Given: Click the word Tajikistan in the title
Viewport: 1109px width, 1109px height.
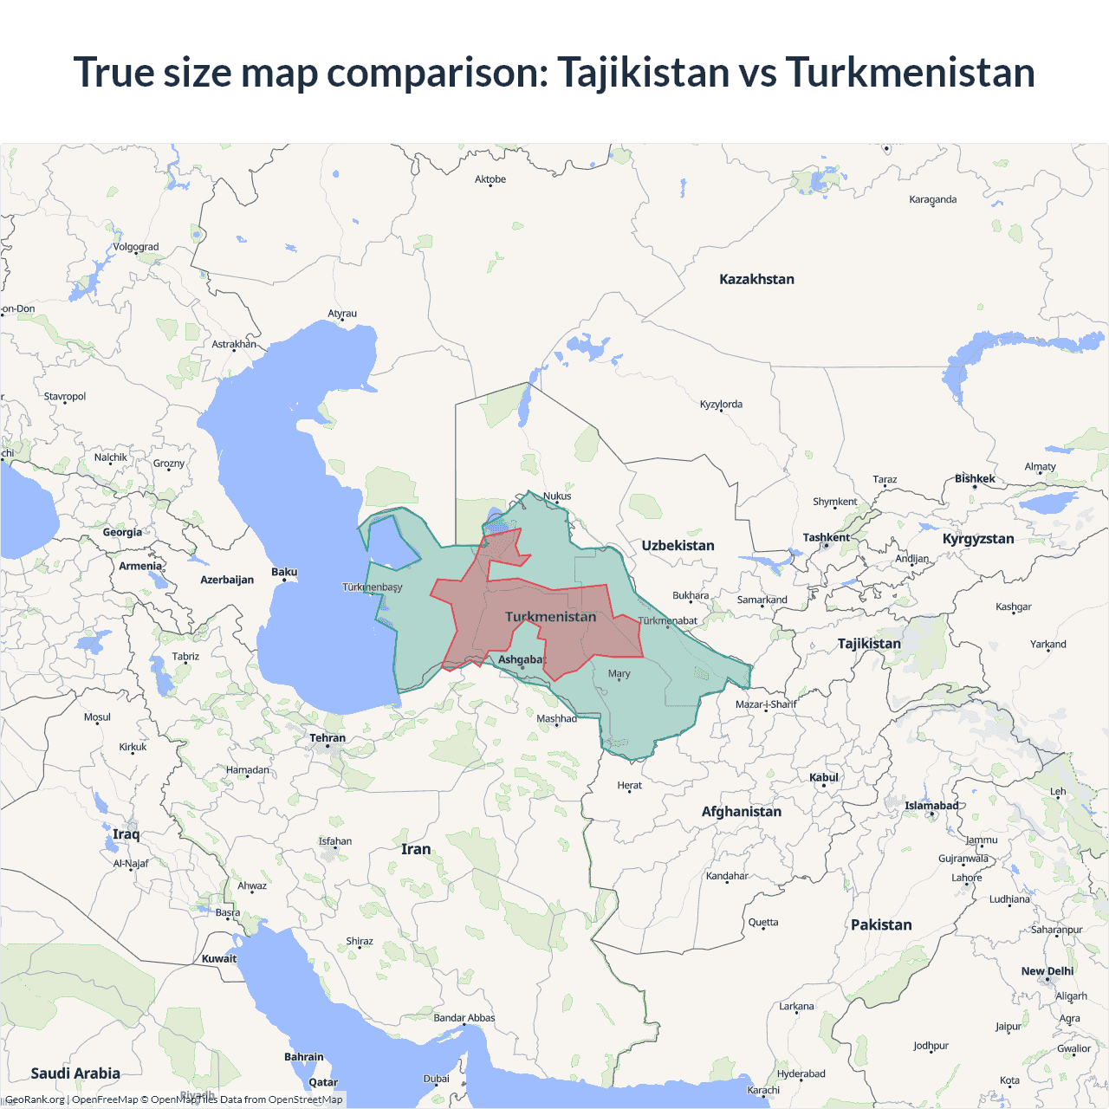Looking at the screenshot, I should click(643, 72).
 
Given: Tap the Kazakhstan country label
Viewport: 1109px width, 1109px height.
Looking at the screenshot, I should click(756, 279).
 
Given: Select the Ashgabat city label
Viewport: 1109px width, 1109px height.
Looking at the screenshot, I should click(521, 659).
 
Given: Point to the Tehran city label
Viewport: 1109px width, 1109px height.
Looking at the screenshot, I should click(328, 738).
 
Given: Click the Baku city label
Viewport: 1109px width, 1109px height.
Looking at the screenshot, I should click(284, 572).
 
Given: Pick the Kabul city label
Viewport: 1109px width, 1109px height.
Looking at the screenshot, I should click(824, 777).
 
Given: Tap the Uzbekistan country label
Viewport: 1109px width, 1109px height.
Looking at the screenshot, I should click(678, 545).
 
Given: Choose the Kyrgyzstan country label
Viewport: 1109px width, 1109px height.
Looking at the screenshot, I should click(978, 538).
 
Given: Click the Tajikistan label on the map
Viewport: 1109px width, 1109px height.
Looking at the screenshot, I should click(869, 643).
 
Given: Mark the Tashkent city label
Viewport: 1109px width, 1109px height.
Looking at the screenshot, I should click(826, 537).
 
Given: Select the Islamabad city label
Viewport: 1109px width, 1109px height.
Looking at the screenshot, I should click(931, 805).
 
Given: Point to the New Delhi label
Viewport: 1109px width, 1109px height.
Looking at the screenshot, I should click(1047, 971).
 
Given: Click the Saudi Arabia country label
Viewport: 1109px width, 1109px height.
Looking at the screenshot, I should click(75, 1073).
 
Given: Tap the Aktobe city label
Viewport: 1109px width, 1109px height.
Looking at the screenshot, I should click(490, 179).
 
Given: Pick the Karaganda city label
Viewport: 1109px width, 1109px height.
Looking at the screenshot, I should click(932, 199).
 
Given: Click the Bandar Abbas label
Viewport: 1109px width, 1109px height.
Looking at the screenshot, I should click(464, 1017).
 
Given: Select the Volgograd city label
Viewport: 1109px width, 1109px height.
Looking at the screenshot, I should click(136, 247).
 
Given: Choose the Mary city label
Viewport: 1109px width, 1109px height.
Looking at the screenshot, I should click(619, 673).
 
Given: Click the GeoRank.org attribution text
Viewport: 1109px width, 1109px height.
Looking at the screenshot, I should click(35, 1099).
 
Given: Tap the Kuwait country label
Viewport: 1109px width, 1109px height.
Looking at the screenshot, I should click(218, 958).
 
